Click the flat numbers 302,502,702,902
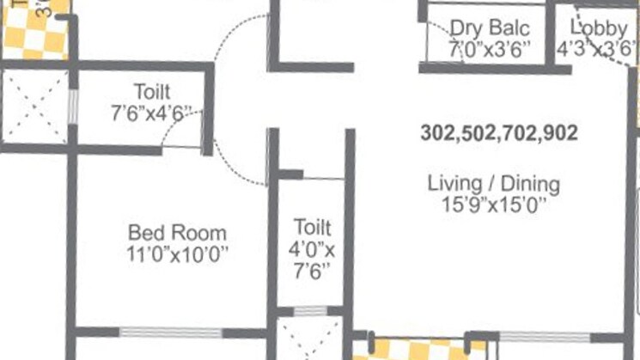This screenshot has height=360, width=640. pyautogui.click(x=498, y=133)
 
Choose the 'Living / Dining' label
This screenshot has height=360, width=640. pyautogui.click(x=494, y=184)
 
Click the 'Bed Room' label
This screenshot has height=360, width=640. pyautogui.click(x=178, y=232)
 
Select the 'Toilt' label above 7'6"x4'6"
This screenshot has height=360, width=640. pyautogui.click(x=151, y=91)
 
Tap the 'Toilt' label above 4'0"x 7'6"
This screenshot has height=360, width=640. pyautogui.click(x=311, y=228)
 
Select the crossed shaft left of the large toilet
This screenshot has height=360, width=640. pyautogui.click(x=34, y=107)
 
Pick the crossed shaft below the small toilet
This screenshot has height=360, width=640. pyautogui.click(x=310, y=339)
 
